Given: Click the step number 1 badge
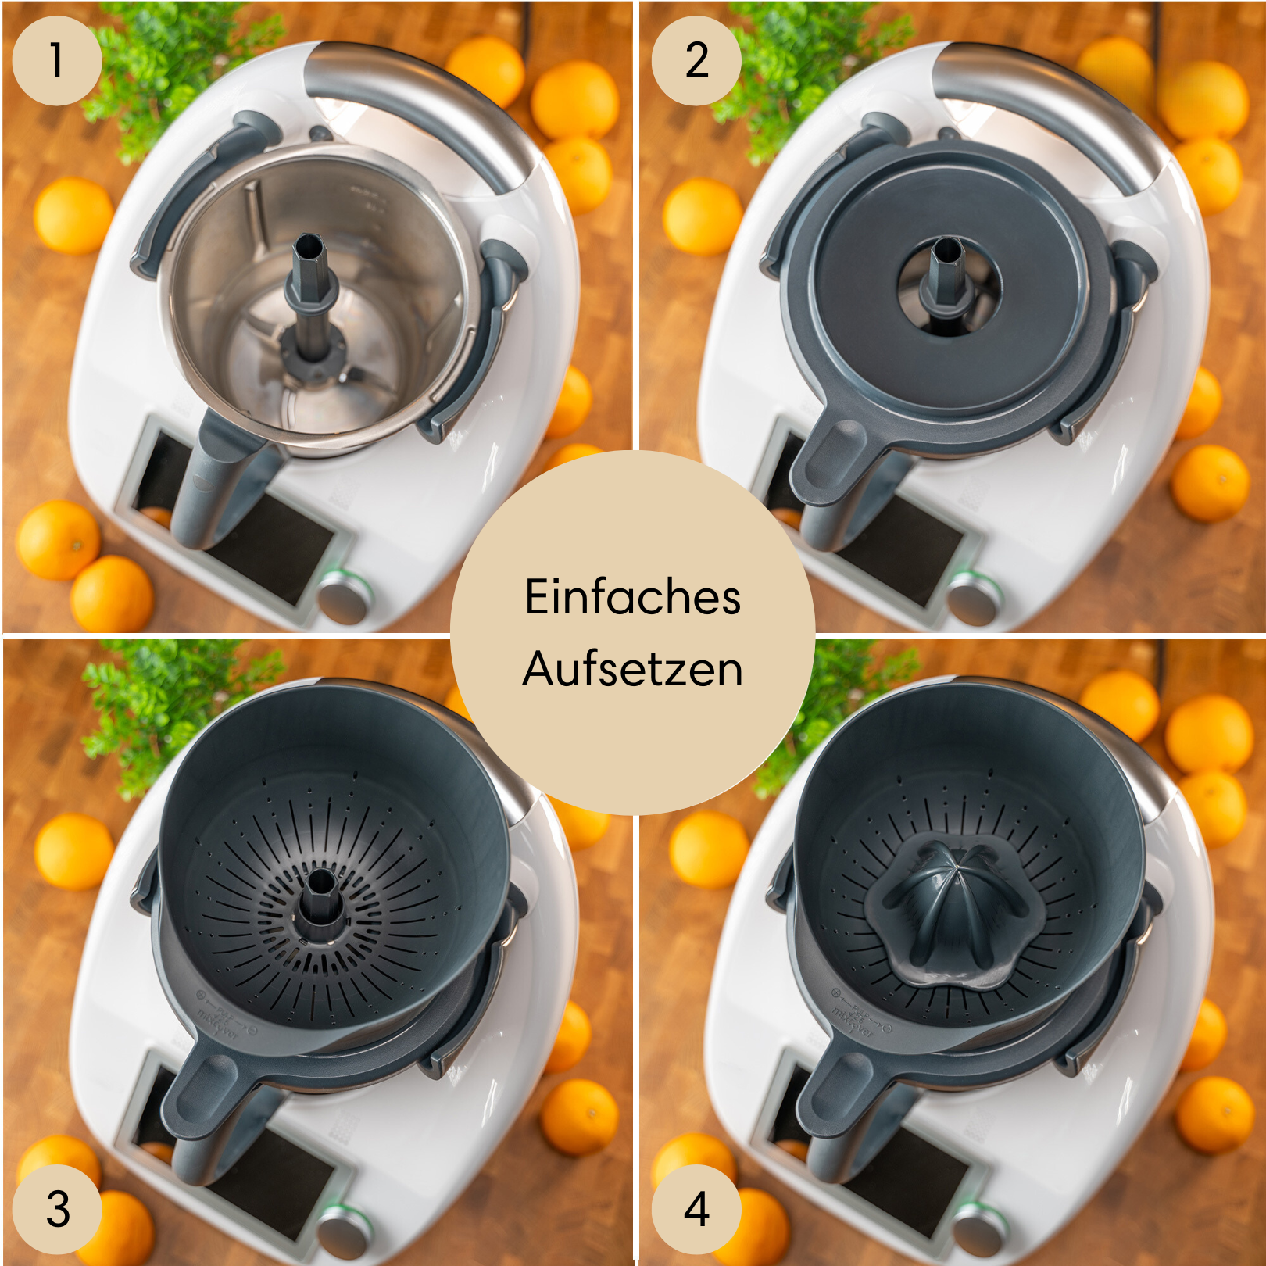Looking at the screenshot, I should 56,61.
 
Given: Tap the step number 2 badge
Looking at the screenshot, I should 696,61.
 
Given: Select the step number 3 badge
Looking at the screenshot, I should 58,1209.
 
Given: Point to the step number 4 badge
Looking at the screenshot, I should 696,1209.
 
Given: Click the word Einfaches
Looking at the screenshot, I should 632,598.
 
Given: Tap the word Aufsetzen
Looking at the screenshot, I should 632,670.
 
